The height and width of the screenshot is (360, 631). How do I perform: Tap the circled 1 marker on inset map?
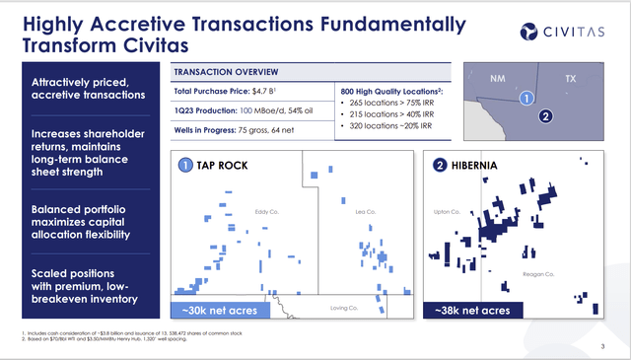coord(526,99)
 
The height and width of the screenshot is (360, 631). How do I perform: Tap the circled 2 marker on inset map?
coord(545,116)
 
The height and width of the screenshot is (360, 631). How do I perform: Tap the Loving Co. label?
coord(341,308)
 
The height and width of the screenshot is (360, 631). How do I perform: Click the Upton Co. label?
coord(448,211)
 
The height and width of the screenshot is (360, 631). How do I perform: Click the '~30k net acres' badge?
coord(220,311)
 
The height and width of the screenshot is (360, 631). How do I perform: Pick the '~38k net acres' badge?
coord(472,311)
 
